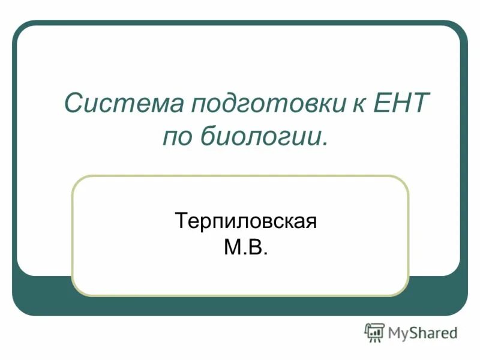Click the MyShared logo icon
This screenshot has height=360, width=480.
(x=374, y=332)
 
